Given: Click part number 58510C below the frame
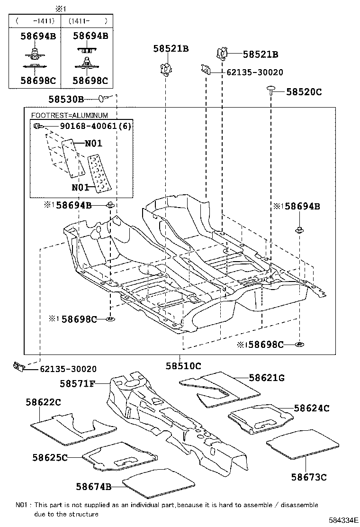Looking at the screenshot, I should pos(183,366).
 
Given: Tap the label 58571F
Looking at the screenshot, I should pos(78,384).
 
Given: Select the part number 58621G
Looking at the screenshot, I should pos(267,378).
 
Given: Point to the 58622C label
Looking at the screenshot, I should pos(43,402).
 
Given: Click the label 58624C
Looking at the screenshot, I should pos(311,408).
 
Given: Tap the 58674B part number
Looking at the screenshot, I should pos(94,486).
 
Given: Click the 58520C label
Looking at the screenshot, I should pos(304,92).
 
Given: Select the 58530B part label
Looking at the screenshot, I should pos(66,99).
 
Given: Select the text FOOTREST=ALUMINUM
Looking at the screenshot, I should pos(69,115).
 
